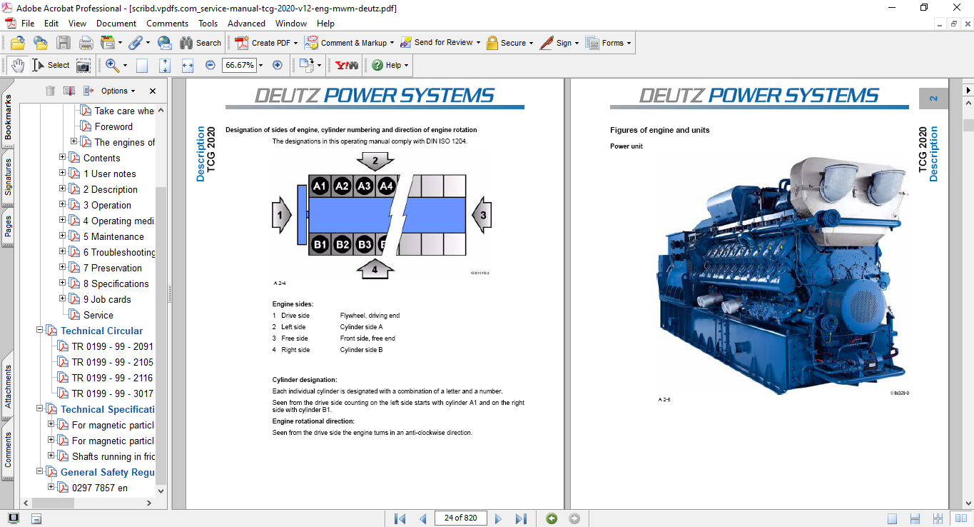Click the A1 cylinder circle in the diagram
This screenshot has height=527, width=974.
pos(320,186)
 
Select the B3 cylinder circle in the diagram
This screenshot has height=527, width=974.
pos(365,244)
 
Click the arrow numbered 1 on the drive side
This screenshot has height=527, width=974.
pos(281,215)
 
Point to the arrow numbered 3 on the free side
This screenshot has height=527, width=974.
pos(482,215)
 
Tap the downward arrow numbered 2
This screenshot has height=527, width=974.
pos(375,162)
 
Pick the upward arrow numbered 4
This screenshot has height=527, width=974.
pos(375,269)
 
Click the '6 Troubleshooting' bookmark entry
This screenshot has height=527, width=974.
pos(118,252)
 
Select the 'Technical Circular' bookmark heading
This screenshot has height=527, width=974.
pos(101,331)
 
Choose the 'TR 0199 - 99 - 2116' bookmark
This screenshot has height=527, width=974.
pos(112,378)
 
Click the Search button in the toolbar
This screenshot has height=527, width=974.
pos(201,43)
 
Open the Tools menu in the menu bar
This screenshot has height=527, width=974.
pos(208,24)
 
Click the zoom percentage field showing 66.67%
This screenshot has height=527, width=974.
pos(239,65)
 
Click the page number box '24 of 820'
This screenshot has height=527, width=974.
pos(460,518)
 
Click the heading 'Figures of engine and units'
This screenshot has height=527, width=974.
pos(659,130)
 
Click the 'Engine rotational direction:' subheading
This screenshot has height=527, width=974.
pos(313,421)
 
